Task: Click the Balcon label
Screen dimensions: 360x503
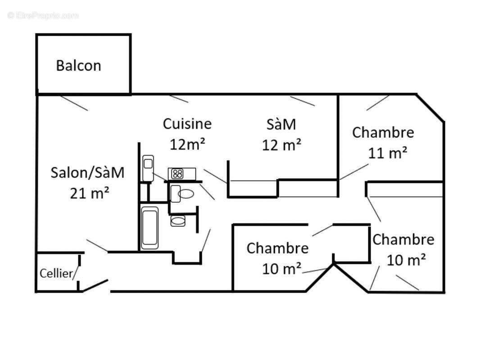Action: (x=78, y=66)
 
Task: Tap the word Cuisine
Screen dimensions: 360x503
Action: (x=187, y=123)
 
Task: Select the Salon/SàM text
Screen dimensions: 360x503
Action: (x=87, y=172)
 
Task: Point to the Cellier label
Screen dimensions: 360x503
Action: (x=56, y=273)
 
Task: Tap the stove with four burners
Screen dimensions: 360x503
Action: (x=177, y=174)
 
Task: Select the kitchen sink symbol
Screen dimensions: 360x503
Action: (x=148, y=167)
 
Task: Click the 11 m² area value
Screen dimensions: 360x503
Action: (x=388, y=153)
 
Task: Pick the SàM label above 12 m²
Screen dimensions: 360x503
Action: (x=281, y=124)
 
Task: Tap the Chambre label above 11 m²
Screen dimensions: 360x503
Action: (x=383, y=132)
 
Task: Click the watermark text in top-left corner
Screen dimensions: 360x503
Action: (x=43, y=15)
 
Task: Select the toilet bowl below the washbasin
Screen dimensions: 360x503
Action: (x=178, y=221)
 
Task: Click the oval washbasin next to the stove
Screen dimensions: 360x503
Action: (x=186, y=194)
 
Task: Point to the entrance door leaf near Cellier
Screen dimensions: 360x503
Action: (x=95, y=285)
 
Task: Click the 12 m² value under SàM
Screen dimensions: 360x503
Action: (x=281, y=145)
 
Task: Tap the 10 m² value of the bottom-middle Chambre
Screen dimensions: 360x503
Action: (x=282, y=269)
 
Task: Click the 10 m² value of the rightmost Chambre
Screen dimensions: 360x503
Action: (x=406, y=260)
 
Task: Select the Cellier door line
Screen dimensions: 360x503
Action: (x=76, y=273)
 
